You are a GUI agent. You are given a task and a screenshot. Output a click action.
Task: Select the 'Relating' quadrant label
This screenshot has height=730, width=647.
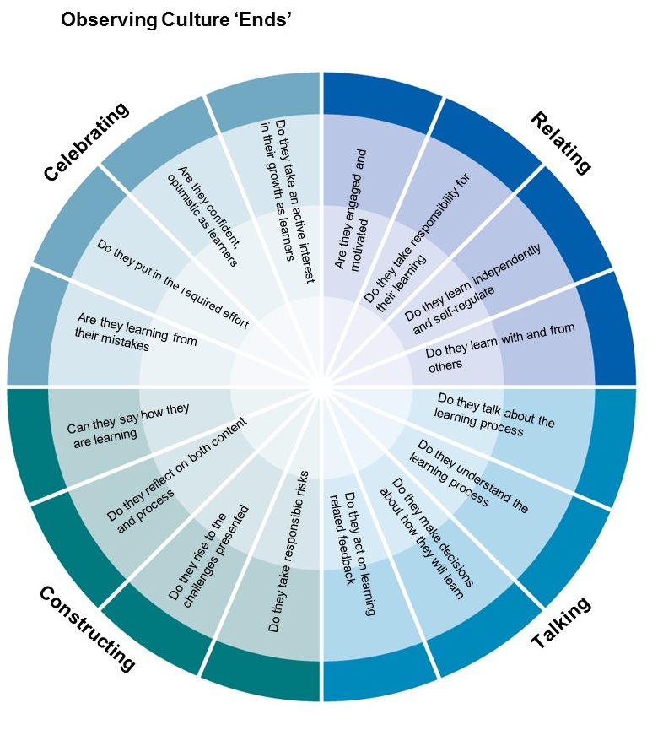561,142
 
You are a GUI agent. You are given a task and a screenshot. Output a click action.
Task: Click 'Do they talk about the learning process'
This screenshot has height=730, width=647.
494,414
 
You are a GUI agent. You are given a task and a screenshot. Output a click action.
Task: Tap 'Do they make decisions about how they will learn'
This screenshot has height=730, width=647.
427,536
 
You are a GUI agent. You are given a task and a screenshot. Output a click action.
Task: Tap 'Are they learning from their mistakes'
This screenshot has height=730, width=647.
137,333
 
